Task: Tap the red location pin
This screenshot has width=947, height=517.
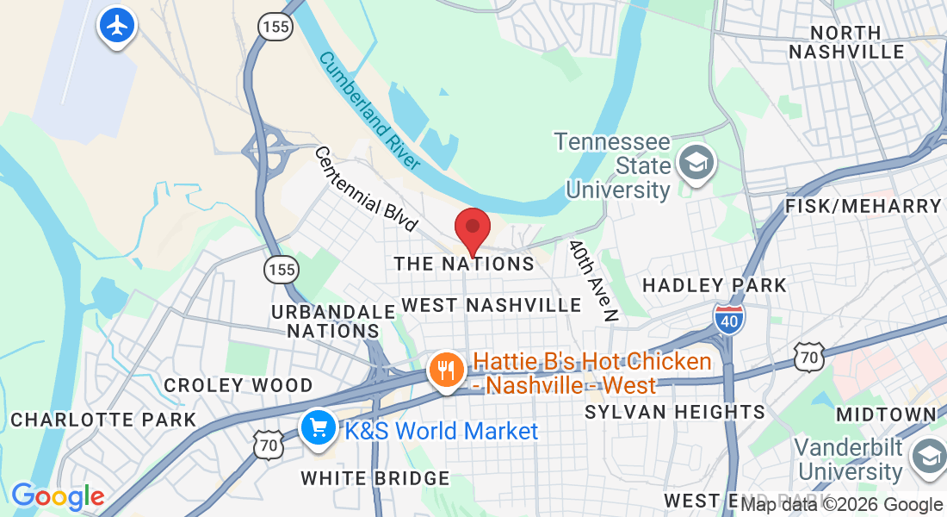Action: point(472,229)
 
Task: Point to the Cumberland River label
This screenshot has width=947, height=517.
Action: point(369,110)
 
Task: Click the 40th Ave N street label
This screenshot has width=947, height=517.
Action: point(594,280)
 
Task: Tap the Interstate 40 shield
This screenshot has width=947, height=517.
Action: point(728,319)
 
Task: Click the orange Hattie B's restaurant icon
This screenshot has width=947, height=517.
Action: point(447,371)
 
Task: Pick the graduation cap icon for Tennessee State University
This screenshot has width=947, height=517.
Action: point(694,162)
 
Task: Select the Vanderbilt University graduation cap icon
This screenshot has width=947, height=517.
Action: point(929,457)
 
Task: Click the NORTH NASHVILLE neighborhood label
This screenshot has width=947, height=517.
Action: point(846,42)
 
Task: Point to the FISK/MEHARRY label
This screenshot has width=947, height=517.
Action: point(863,206)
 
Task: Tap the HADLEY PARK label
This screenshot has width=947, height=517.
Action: point(715,285)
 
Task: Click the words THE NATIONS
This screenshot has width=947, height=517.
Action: point(464,264)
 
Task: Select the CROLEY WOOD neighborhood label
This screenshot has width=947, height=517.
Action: point(238,385)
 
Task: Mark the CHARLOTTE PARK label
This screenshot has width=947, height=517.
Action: point(103,420)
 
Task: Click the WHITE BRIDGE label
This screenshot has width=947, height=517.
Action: point(375,478)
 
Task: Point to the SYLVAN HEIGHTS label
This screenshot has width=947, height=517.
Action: point(675,412)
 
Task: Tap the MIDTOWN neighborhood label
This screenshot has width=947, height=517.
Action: point(886,414)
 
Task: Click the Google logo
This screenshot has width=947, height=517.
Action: point(58,496)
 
